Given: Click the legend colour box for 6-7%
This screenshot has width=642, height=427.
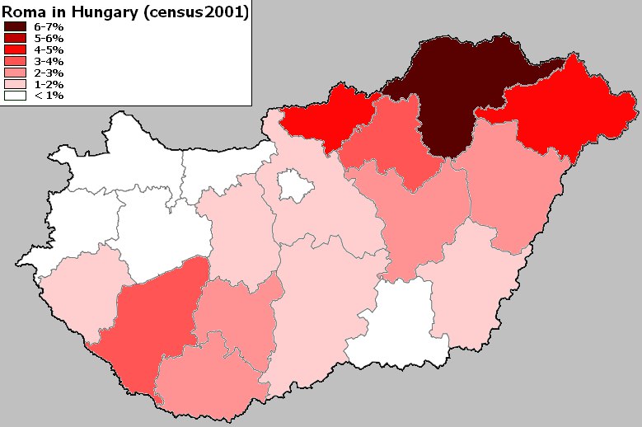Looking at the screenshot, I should coord(16,27).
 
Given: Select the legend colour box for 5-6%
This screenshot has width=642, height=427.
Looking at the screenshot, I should coord(16,39).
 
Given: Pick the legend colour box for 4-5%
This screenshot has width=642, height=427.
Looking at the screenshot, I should coord(16,50).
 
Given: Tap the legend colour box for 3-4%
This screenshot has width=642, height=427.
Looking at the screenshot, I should coord(16,62).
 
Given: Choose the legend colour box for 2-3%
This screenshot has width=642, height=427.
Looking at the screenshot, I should coord(16,73).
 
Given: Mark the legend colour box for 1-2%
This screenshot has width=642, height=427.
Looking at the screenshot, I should coord(16,85).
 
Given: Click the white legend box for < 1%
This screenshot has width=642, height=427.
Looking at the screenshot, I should coord(16,96).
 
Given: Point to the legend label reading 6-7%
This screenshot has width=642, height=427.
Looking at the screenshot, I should coord(49,27).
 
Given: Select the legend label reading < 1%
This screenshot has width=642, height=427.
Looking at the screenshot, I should coord(49,96).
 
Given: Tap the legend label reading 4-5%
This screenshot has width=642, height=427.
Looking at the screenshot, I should coord(49,50).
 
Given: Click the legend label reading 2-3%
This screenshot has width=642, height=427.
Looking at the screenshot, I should coord(49,73).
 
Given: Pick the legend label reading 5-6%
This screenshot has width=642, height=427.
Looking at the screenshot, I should coord(49,39).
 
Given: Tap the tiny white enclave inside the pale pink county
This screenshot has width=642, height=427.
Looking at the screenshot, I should coord(294,185).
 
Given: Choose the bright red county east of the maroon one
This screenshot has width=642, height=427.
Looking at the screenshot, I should coord(569,111).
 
